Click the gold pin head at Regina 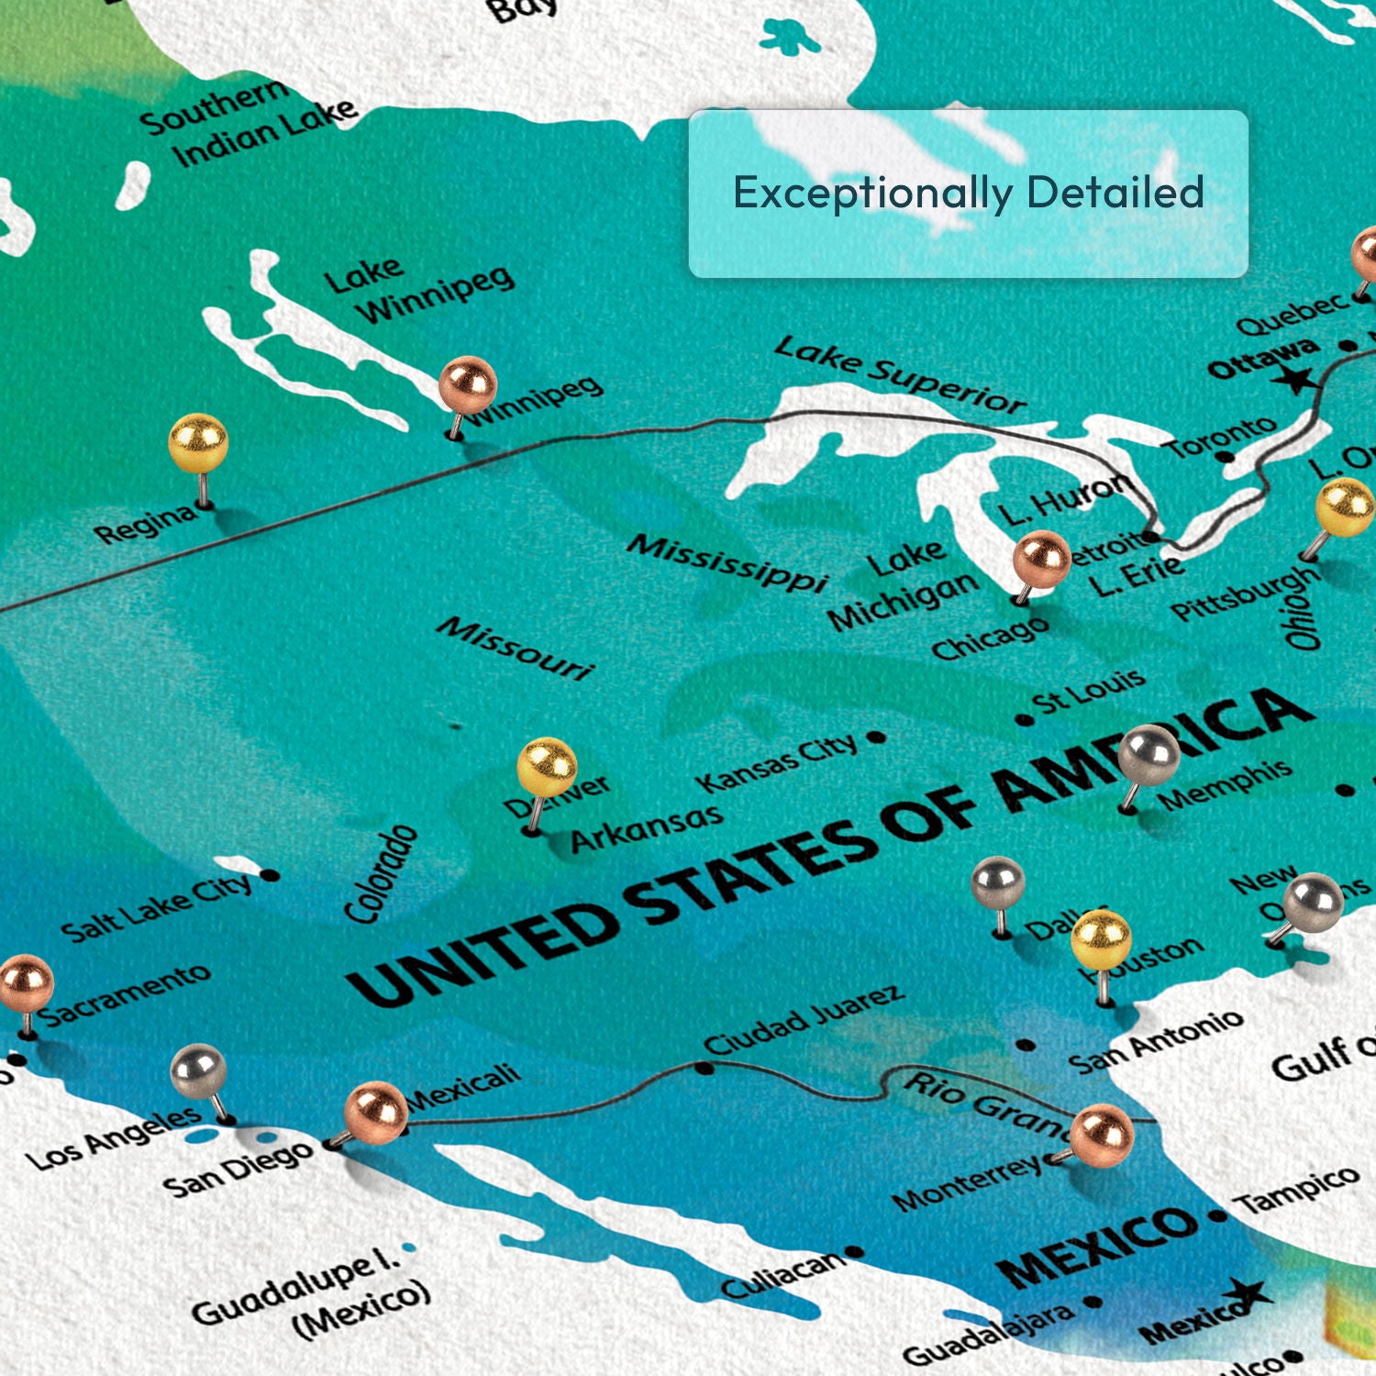(198, 443)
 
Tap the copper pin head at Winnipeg (468, 384)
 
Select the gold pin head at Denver (547, 767)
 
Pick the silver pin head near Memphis (1149, 755)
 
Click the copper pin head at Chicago (1041, 559)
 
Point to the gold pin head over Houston (1101, 940)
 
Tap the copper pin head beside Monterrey (1102, 1136)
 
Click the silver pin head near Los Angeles (199, 1071)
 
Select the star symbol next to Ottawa (1297, 377)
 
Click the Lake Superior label (899, 375)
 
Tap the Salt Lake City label (156, 908)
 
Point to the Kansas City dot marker (876, 737)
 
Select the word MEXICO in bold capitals (1096, 1248)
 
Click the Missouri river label (516, 648)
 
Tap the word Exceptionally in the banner (871, 194)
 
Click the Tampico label (1297, 1190)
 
